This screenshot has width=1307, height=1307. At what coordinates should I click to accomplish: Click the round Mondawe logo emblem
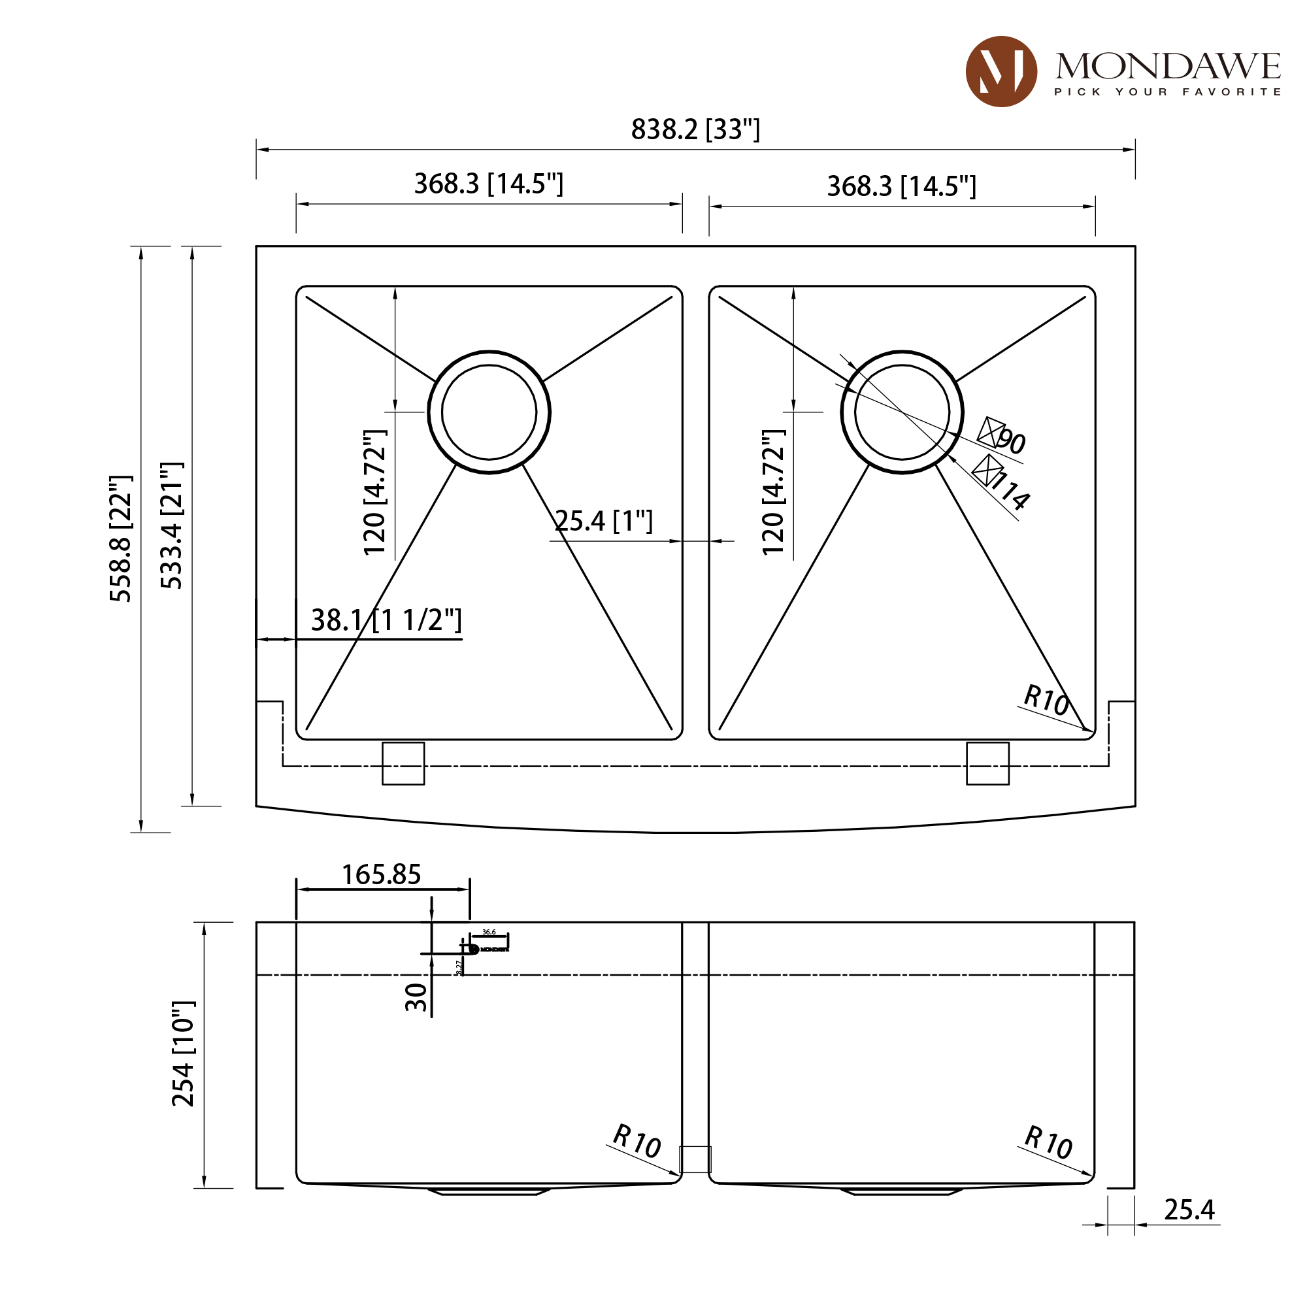pos(1001,72)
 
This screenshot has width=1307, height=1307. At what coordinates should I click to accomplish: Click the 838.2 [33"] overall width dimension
pos(695,130)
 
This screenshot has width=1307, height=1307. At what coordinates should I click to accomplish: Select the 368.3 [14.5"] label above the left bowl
pos(488,184)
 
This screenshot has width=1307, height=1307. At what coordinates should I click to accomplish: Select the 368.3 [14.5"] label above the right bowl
pos(901,187)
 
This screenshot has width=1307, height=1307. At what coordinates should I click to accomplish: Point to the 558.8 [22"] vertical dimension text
pos(121,538)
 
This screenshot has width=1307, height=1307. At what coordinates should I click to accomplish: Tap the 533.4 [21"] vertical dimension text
pos(172,525)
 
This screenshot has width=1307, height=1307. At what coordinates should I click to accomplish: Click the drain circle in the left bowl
pos(488,412)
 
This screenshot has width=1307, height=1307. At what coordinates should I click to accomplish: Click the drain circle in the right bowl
pos(902,412)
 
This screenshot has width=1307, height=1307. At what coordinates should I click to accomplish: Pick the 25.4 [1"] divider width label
pos(603,521)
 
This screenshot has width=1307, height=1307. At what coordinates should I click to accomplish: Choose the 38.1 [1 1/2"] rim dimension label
pos(386,620)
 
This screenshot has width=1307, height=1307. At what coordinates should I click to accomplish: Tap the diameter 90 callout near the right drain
pos(1004,437)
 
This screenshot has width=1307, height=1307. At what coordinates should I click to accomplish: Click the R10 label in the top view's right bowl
pos(1045,700)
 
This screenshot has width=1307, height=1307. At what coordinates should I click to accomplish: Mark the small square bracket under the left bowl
pos(403,763)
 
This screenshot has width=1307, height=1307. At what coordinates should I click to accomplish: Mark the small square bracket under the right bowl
pos(987,763)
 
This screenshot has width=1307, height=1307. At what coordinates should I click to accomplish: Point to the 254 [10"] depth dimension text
pos(184,1053)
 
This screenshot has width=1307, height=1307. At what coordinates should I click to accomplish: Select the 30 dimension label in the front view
pos(416,997)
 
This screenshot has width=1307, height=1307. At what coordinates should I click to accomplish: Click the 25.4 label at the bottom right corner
pos(1189,1210)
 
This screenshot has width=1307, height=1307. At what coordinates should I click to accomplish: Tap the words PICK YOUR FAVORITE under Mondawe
pos(1167,92)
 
